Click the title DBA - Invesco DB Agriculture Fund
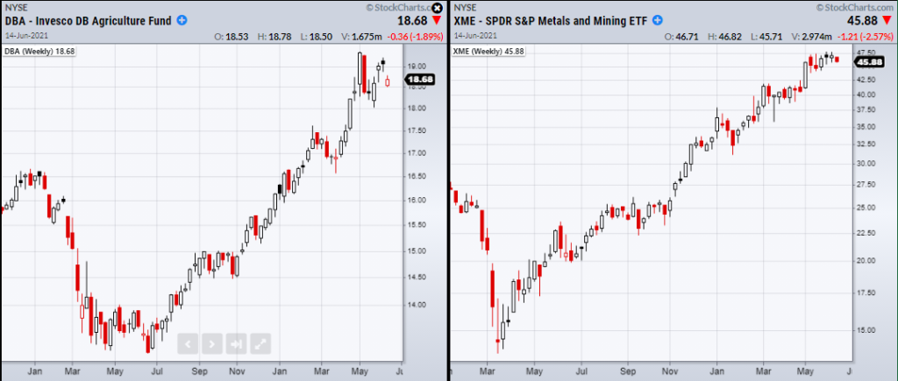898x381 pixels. [87, 20]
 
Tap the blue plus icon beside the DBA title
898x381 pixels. [182, 20]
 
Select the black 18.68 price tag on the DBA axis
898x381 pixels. [422, 80]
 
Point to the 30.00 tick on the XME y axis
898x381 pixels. [867, 164]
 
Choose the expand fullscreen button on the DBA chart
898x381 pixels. [260, 343]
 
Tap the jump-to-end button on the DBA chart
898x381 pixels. [237, 343]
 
